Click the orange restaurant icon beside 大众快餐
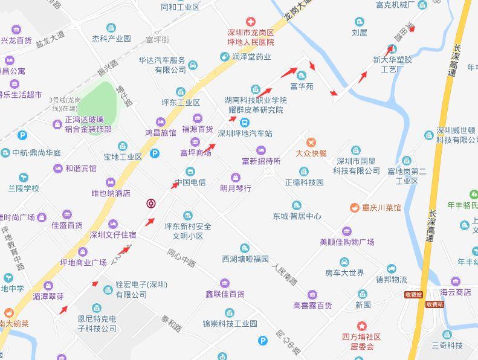(311, 142)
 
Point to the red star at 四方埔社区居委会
(361, 326)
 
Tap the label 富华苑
(302, 86)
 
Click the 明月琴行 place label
(236, 188)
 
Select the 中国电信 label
(190, 182)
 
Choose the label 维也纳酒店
(111, 193)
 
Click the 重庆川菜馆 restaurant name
(381, 207)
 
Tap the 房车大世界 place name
(344, 273)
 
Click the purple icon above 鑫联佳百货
(225, 283)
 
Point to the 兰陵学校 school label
(24, 188)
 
